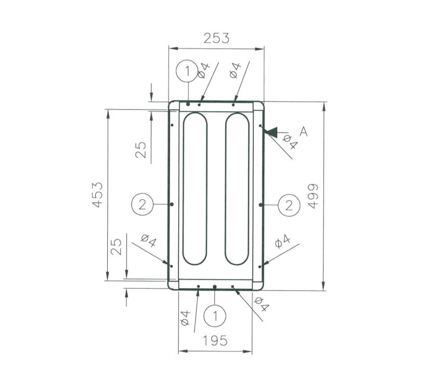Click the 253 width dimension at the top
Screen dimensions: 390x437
pyautogui.click(x=216, y=38)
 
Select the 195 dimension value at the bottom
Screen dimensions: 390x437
pyautogui.click(x=215, y=341)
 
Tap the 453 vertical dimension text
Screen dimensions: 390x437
pyautogui.click(x=98, y=195)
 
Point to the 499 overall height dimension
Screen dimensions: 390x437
pyautogui.click(x=312, y=196)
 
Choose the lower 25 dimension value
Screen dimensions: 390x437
pyautogui.click(x=117, y=246)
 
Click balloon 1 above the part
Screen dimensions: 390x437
pyautogui.click(x=187, y=71)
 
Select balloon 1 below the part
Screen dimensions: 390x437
pyautogui.click(x=215, y=315)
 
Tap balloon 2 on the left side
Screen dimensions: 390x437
pyautogui.click(x=143, y=204)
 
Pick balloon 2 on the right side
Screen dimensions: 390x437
pyautogui.click(x=290, y=205)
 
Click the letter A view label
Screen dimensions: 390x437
pyautogui.click(x=304, y=132)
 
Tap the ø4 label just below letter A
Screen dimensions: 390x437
pyautogui.click(x=290, y=142)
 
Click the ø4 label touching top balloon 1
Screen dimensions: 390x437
pyautogui.click(x=203, y=71)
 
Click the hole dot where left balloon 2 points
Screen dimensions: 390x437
pyautogui.click(x=172, y=204)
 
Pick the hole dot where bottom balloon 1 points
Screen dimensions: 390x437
pyautogui.click(x=215, y=287)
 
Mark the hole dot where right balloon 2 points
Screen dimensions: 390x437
pyautogui.click(x=260, y=205)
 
